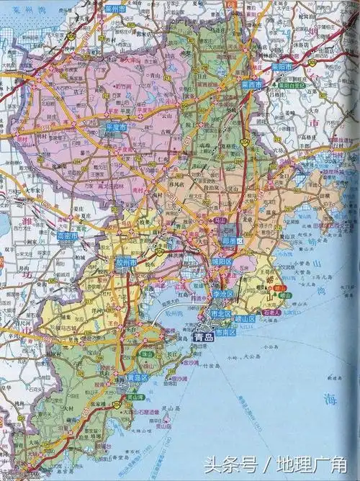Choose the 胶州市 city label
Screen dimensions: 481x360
(125, 264)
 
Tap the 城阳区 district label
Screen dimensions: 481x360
(221, 261)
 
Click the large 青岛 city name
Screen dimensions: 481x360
(203, 336)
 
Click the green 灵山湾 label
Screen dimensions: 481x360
(135, 397)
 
